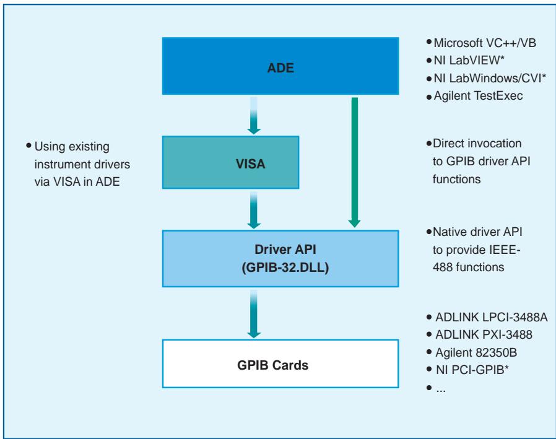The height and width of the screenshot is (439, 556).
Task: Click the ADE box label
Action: pyautogui.click(x=280, y=67)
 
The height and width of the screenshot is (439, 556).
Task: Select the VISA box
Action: pyautogui.click(x=230, y=162)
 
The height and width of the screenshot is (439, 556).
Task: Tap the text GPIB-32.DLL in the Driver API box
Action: pyautogui.click(x=285, y=267)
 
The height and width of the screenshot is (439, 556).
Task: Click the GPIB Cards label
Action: pyautogui.click(x=272, y=365)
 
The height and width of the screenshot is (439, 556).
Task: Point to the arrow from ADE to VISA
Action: pyautogui.click(x=253, y=116)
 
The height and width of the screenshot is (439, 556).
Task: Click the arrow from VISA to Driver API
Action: pyautogui.click(x=253, y=210)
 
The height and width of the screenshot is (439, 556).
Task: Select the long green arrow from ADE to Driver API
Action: pyautogui.click(x=355, y=162)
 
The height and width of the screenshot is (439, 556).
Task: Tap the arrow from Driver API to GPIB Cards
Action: pyautogui.click(x=253, y=314)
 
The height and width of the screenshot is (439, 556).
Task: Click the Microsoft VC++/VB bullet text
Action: pyautogui.click(x=485, y=43)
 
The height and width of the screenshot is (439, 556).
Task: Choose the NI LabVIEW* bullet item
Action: pyautogui.click(x=469, y=60)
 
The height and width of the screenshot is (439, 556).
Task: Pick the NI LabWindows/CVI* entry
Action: pyautogui.click(x=490, y=78)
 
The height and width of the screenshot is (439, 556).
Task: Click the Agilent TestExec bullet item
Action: pyautogui.click(x=478, y=96)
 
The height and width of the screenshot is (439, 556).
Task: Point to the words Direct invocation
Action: pyautogui.click(x=477, y=143)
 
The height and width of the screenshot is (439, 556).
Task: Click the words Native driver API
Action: pyautogui.click(x=477, y=232)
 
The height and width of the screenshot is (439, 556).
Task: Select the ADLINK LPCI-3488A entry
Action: pyautogui.click(x=492, y=317)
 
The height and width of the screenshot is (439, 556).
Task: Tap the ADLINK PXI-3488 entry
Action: pyautogui.click(x=484, y=334)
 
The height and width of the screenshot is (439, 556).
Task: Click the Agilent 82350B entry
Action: pyautogui.click(x=476, y=352)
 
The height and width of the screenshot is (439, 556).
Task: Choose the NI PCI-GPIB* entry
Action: pyautogui.click(x=472, y=370)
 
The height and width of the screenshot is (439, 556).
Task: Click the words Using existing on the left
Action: pyautogui.click(x=72, y=147)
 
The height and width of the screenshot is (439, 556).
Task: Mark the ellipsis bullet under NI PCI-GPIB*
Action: pyautogui.click(x=441, y=390)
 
